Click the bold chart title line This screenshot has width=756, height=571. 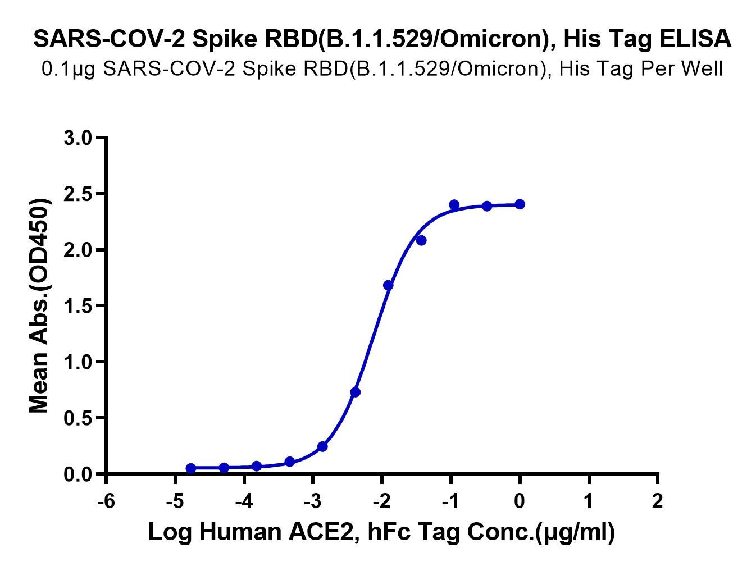coord(382,39)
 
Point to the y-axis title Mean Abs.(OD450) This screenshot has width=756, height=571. coord(39,306)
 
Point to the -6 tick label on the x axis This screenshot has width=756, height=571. coord(106,500)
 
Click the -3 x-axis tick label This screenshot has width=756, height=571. coord(312,500)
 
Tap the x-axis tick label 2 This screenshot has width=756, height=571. coord(658,500)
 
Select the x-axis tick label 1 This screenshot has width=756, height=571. coord(589,500)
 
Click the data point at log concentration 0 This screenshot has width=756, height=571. coord(520,204)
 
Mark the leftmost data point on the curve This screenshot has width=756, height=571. coord(191,468)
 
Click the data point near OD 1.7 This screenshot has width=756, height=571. coord(388,285)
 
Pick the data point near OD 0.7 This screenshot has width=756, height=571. coord(355,392)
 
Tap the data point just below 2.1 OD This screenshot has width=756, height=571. coord(421,240)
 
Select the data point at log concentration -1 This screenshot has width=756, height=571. coord(454,204)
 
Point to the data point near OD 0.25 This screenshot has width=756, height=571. coord(322,446)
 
